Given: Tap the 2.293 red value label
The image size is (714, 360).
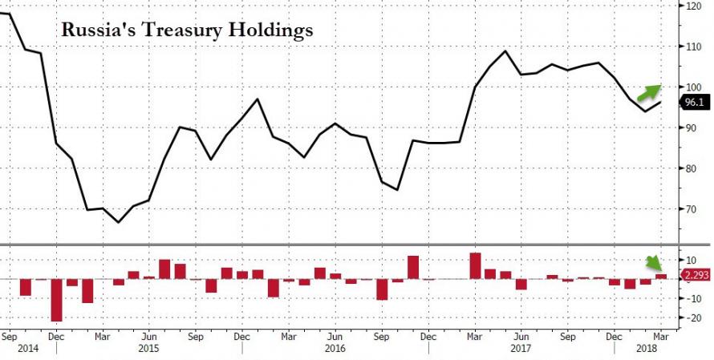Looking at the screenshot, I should coord(695,276).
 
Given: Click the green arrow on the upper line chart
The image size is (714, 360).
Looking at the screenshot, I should coord(647,92).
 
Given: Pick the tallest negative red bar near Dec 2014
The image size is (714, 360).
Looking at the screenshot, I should coord(57,300).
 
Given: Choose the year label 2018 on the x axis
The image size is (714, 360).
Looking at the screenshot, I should coord(647,350).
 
